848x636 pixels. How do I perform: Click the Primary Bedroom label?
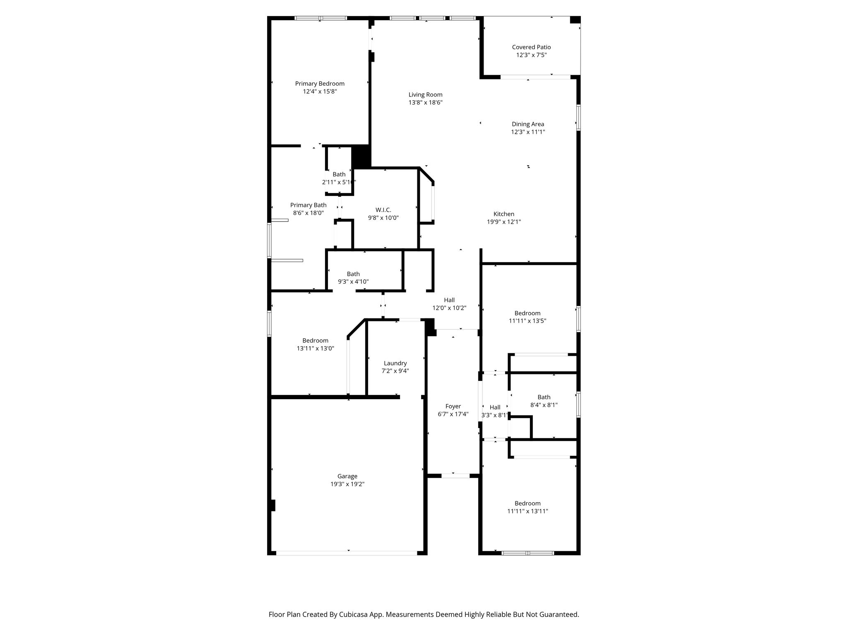[320, 84]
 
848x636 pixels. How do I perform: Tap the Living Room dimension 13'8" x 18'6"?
[426, 102]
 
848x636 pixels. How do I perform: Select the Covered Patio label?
[531, 47]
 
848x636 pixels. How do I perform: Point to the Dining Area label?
[528, 124]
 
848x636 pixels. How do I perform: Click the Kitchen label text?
[504, 214]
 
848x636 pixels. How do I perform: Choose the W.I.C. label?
[383, 210]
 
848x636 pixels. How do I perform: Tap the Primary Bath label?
[308, 205]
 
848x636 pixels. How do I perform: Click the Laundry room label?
[395, 363]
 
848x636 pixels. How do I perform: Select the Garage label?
[347, 476]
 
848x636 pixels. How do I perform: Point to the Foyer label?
[453, 406]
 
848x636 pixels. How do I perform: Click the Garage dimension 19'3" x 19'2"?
[347, 484]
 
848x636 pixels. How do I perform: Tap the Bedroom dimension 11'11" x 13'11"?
[528, 511]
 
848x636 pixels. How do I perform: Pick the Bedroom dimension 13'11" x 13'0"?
[316, 348]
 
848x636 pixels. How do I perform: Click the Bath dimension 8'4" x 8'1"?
[544, 405]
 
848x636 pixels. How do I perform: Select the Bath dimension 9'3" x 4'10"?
[353, 282]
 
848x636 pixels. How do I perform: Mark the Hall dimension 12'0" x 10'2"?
[449, 308]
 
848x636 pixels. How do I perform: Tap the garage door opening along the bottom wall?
[347, 553]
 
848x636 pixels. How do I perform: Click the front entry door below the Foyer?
[455, 476]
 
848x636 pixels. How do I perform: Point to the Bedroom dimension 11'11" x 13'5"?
[528, 320]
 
